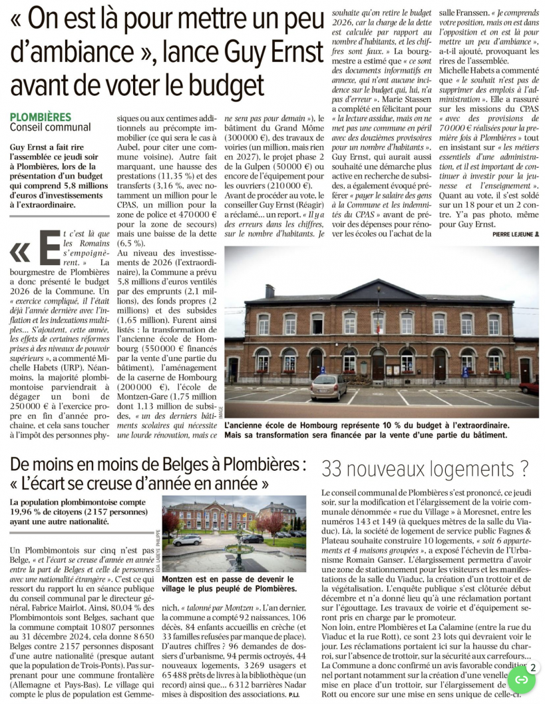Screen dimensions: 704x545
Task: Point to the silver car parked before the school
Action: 329,386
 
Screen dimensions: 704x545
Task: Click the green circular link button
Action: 522,679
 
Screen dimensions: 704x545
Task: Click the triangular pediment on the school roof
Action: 378,292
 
